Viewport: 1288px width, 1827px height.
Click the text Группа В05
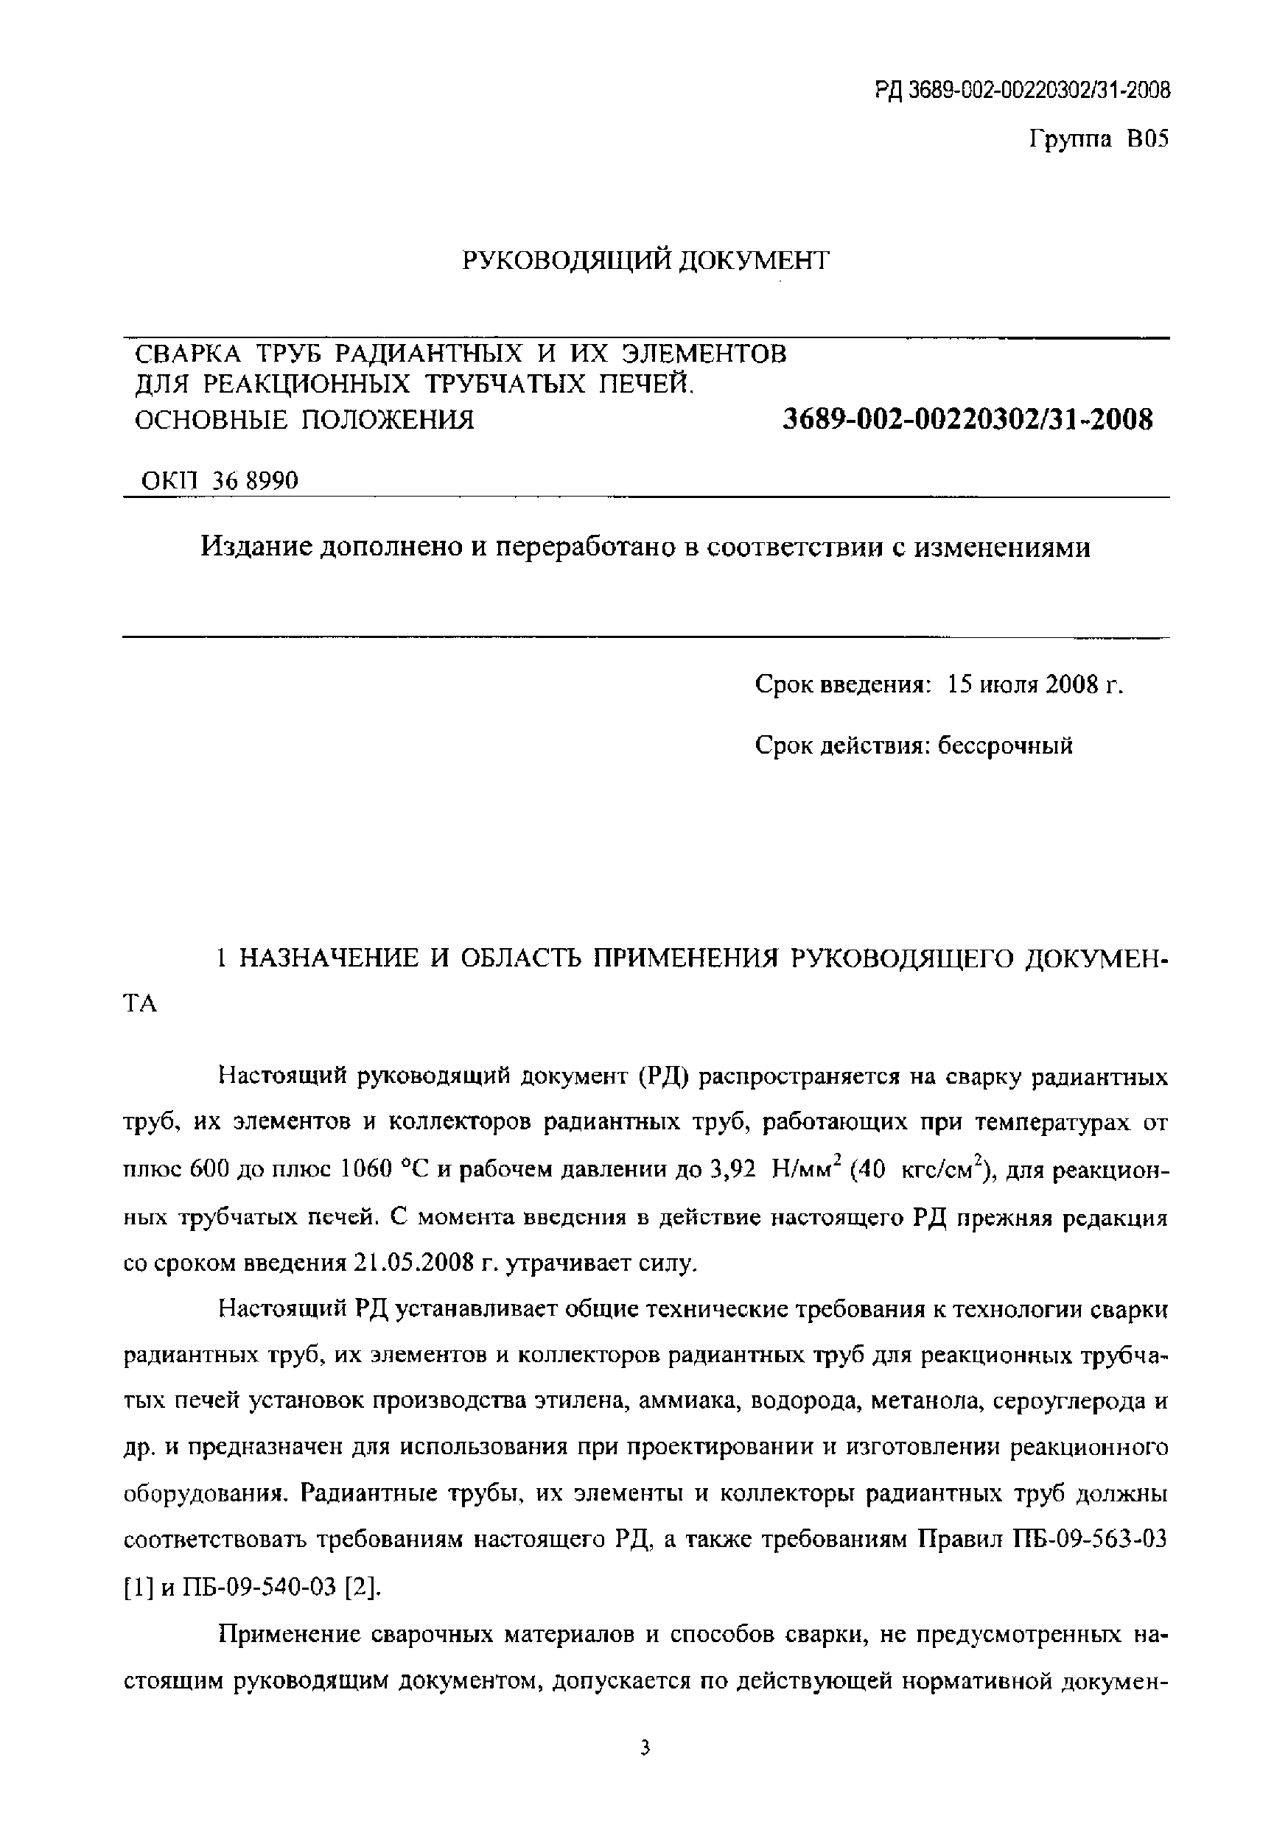point(1099,140)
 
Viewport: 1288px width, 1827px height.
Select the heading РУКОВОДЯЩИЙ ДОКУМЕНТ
point(645,260)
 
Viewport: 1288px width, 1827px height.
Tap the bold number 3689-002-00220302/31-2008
point(968,419)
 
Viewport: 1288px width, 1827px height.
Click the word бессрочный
point(1004,746)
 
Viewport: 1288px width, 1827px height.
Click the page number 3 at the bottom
point(645,1770)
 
